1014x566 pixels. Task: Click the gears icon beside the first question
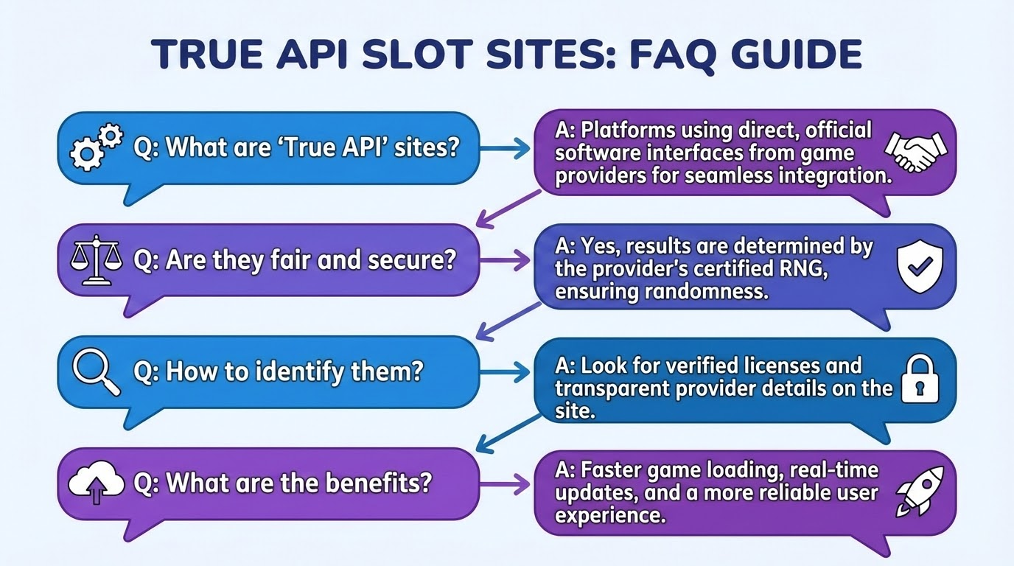click(x=95, y=148)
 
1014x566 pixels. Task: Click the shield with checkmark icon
click(x=916, y=266)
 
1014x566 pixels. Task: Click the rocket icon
click(x=915, y=490)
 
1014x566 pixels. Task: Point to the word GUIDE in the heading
click(x=800, y=55)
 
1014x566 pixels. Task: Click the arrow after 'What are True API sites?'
click(x=506, y=147)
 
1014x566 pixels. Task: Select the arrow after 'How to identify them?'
click(x=506, y=372)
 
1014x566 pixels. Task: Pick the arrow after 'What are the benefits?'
click(x=506, y=484)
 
